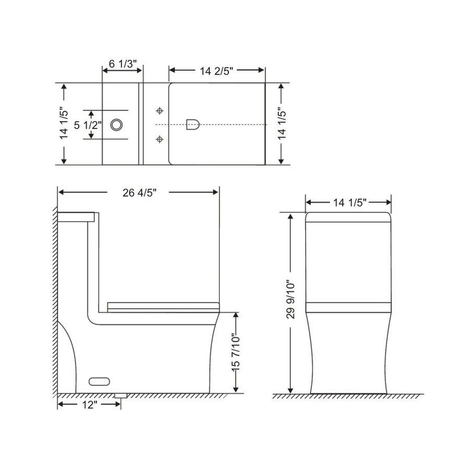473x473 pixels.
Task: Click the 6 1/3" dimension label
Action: click(x=123, y=64)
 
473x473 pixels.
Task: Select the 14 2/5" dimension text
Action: click(x=217, y=71)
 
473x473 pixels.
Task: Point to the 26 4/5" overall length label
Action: click(x=139, y=192)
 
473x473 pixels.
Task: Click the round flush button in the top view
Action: click(x=116, y=125)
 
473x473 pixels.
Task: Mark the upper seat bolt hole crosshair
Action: click(x=160, y=111)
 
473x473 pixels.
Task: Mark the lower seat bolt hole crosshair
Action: click(x=160, y=139)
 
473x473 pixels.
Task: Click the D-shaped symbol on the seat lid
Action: click(x=192, y=124)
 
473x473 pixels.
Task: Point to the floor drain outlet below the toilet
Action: click(x=121, y=395)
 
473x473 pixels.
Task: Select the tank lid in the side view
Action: click(x=76, y=217)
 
